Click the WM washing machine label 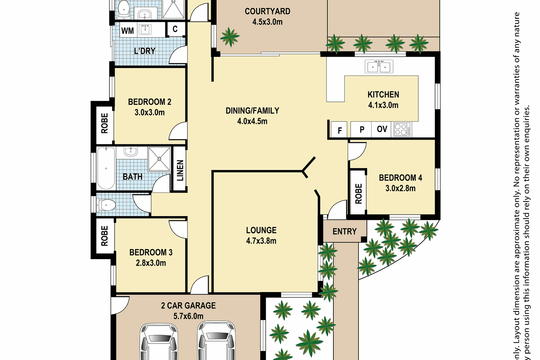pyautogui.click(x=127, y=31)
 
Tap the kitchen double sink pyautogui.click(x=379, y=67)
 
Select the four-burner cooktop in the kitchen pyautogui.click(x=402, y=129)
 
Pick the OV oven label pyautogui.click(x=382, y=129)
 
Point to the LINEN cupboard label pyautogui.click(x=180, y=171)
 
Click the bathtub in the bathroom pyautogui.click(x=106, y=168)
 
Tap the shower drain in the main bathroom pyautogui.click(x=159, y=159)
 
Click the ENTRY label pyautogui.click(x=345, y=231)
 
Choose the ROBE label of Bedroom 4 pyautogui.click(x=359, y=194)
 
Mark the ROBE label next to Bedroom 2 pyautogui.click(x=104, y=123)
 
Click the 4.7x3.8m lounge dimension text pyautogui.click(x=261, y=241)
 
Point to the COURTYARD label pyautogui.click(x=267, y=11)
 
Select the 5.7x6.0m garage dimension pyautogui.click(x=188, y=316)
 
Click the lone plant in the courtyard pyautogui.click(x=230, y=37)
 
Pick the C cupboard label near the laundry pyautogui.click(x=175, y=29)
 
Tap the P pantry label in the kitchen pyautogui.click(x=362, y=130)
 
